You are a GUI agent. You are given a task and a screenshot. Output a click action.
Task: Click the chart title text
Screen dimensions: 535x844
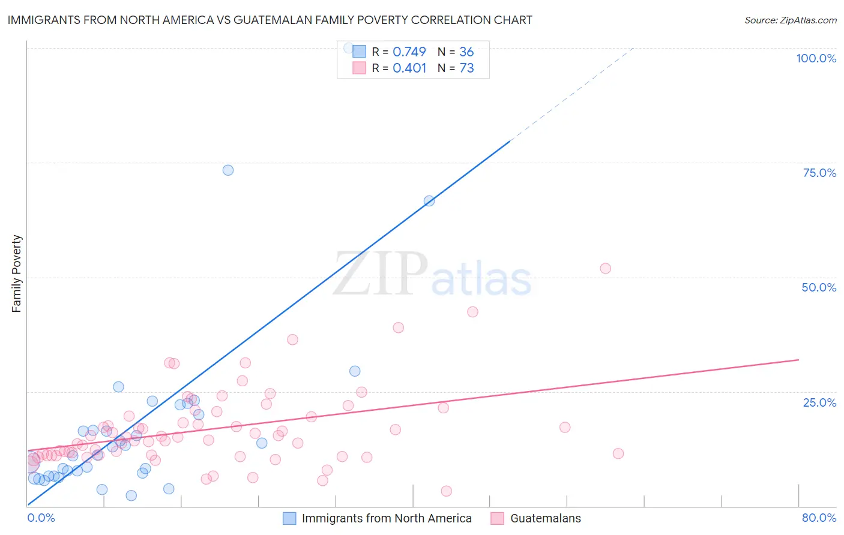point(270,20)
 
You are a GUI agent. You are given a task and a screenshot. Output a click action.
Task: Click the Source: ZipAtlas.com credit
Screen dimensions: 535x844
point(790,20)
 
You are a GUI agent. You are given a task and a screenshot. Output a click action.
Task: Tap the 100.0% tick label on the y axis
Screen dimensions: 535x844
point(816,58)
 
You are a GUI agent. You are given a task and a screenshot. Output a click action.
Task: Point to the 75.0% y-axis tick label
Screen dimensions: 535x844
point(819,173)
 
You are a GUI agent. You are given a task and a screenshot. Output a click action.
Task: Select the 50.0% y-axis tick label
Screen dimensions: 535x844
point(819,287)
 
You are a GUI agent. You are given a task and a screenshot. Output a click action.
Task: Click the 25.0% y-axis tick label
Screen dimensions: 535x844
point(819,402)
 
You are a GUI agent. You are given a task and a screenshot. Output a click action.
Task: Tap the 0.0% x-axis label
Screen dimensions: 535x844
point(41,518)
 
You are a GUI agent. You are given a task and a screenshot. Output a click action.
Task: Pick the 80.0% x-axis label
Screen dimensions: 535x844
point(819,518)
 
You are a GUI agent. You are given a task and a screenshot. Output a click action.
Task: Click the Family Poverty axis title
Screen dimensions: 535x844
point(16,273)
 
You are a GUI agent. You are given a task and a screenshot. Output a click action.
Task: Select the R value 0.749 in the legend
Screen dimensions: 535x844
point(409,52)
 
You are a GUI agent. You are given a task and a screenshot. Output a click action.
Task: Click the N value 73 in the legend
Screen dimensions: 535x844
point(466,68)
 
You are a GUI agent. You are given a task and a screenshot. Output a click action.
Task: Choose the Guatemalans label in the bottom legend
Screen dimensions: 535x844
point(545,518)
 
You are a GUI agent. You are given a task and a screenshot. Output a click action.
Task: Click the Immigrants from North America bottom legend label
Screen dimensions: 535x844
point(386,518)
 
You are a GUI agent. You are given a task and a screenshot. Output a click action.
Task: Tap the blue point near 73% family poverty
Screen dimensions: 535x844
point(228,170)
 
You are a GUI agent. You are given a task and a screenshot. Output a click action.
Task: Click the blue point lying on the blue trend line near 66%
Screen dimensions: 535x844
point(429,201)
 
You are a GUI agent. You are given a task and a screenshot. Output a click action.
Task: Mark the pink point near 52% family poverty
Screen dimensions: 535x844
point(605,268)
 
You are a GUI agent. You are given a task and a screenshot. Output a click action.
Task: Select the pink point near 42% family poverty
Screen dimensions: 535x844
point(472,312)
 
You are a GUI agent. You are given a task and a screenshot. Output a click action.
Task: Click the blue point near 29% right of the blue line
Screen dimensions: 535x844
point(355,371)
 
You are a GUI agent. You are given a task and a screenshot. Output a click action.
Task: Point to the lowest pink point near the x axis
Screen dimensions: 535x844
point(446,491)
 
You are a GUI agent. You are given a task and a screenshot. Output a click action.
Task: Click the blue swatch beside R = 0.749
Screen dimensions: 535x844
point(359,52)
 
